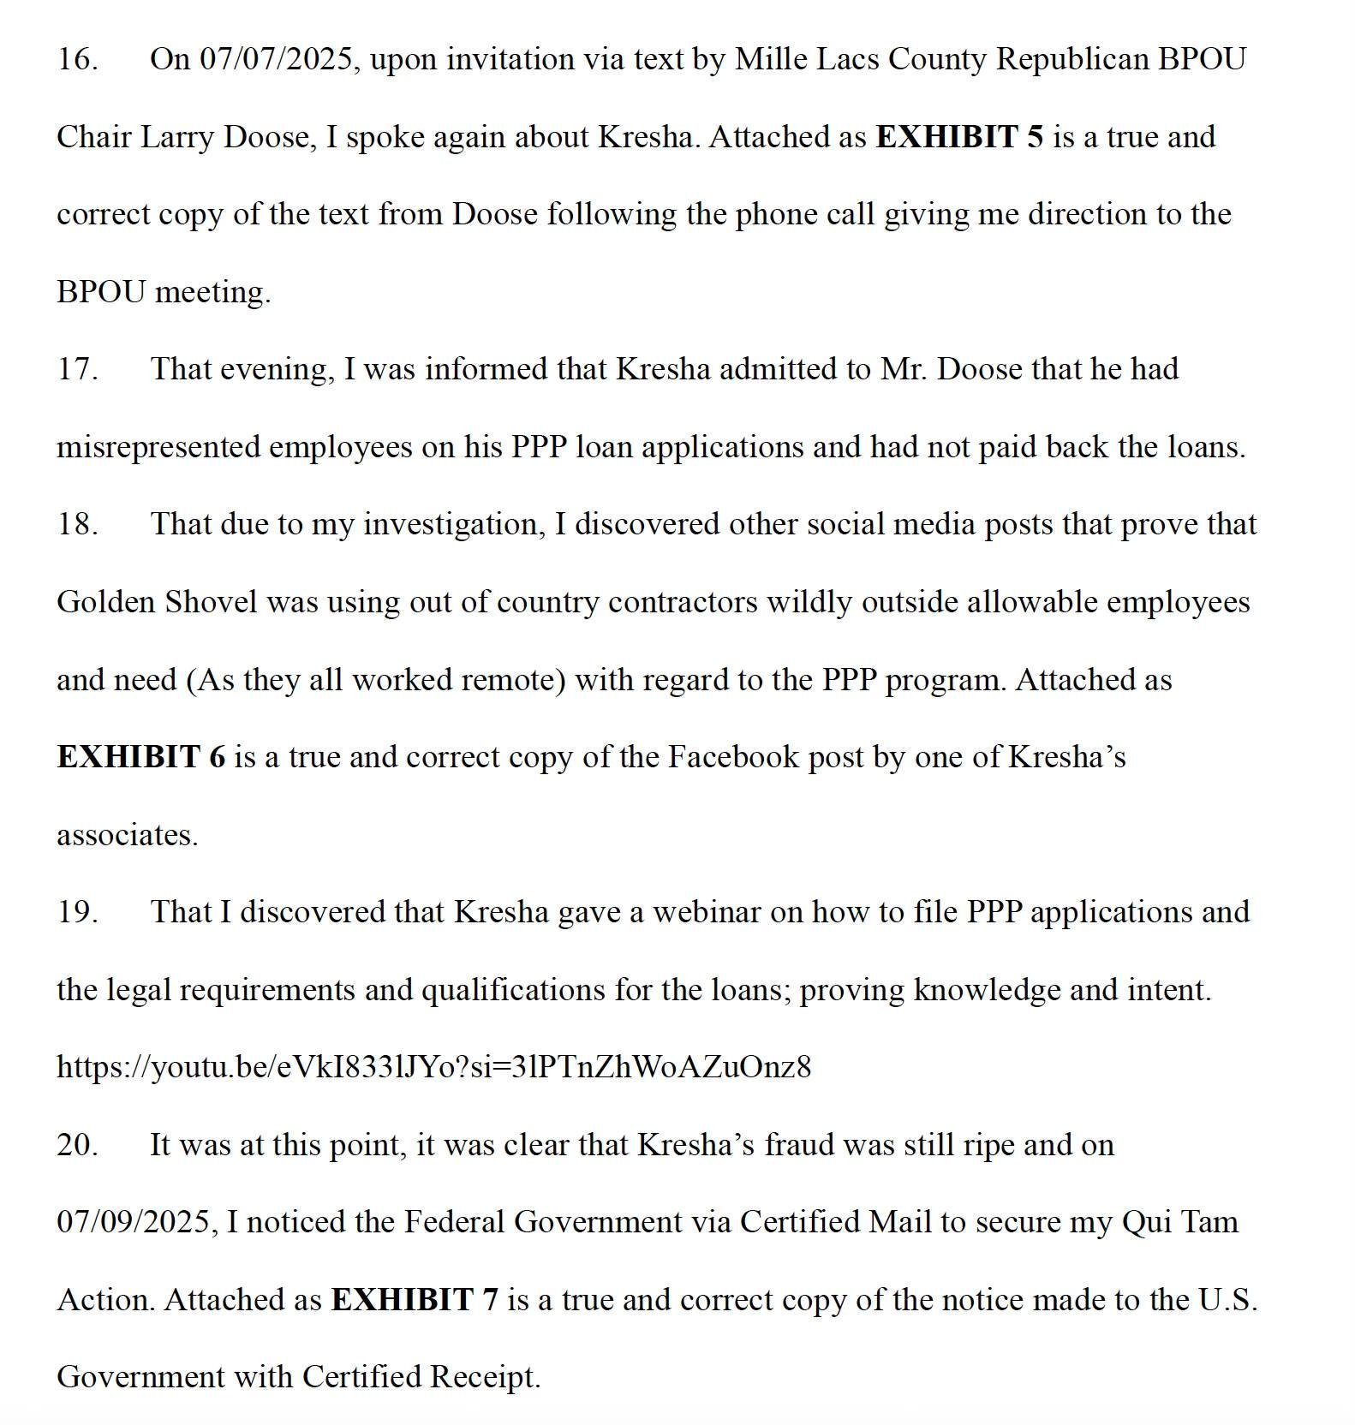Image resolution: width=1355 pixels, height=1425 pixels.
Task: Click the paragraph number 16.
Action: pyautogui.click(x=76, y=60)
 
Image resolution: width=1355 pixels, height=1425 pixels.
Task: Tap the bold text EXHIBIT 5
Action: pyautogui.click(x=959, y=137)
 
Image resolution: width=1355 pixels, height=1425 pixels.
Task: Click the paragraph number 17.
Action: pyautogui.click(x=76, y=370)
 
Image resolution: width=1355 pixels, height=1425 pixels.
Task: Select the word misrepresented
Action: pyautogui.click(x=158, y=447)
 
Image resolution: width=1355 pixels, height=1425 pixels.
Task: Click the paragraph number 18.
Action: pyautogui.click(x=76, y=525)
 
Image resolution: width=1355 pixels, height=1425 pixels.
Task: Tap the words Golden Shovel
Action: pyautogui.click(x=157, y=602)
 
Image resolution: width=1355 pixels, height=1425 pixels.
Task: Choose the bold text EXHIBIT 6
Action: pyautogui.click(x=141, y=757)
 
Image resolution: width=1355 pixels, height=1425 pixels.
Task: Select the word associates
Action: pyautogui.click(x=126, y=835)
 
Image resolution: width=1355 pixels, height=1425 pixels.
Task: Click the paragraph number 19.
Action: pyautogui.click(x=76, y=912)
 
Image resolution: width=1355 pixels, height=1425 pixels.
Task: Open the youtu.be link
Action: pyautogui.click(x=433, y=1067)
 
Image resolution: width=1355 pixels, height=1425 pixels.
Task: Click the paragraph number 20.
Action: pyautogui.click(x=76, y=1145)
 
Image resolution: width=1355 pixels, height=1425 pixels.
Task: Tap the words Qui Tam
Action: pyautogui.click(x=1179, y=1222)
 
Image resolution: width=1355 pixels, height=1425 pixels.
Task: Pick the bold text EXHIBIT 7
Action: pyautogui.click(x=414, y=1300)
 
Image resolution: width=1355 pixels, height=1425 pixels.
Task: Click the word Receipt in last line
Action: pyautogui.click(x=484, y=1377)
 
